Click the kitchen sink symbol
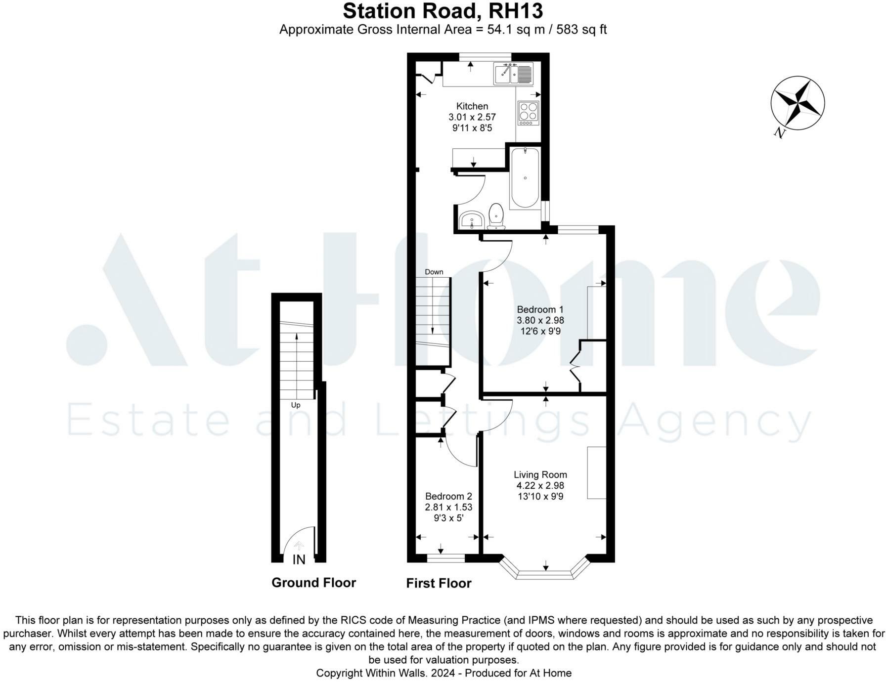(513, 74)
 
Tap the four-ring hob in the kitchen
(528, 113)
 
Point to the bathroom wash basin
(471, 220)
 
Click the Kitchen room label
(472, 106)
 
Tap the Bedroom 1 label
(540, 309)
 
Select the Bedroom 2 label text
(448, 496)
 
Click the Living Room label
(540, 474)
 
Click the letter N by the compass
(779, 132)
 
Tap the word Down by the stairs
(434, 272)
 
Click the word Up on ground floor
(296, 405)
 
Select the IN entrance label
(299, 559)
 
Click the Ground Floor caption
(313, 583)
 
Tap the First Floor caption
(439, 583)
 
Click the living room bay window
(545, 573)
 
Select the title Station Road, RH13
(443, 11)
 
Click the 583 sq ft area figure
(581, 30)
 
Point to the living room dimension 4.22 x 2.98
(540, 485)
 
